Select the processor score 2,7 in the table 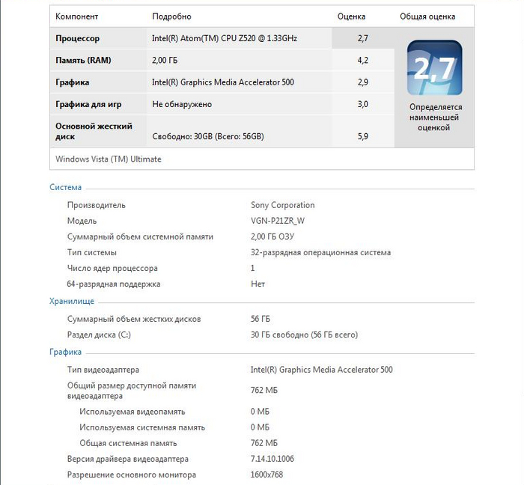point(362,38)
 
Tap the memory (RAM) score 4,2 point(362,60)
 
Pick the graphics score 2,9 point(362,82)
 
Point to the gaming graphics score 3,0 point(362,104)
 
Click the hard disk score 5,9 point(362,137)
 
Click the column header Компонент point(77,16)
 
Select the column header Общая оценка point(427,16)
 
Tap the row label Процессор point(77,38)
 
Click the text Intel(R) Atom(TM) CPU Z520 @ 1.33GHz point(225,38)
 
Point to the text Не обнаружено point(182,104)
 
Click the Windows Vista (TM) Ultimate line point(109,159)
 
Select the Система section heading point(66,187)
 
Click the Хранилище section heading point(72,301)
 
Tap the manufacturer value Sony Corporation point(283,205)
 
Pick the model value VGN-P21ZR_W point(278,221)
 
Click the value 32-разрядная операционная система point(320,252)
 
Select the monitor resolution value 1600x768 point(267,475)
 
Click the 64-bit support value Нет point(258,284)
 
